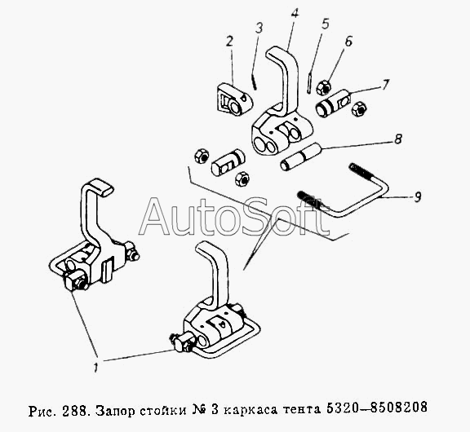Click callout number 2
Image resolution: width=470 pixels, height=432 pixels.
[229, 42]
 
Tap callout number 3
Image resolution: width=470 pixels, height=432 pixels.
[259, 28]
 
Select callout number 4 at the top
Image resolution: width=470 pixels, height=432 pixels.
[295, 14]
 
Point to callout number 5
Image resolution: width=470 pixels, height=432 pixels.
[326, 24]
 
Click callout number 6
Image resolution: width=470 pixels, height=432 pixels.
[348, 42]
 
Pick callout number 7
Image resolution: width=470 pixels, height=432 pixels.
[386, 85]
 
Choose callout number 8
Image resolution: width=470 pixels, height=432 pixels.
[398, 139]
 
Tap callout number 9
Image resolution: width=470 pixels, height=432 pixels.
[418, 196]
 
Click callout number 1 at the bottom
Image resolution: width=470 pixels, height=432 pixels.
[96, 367]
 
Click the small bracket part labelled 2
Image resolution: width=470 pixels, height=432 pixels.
[235, 99]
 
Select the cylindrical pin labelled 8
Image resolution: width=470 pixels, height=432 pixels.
[301, 156]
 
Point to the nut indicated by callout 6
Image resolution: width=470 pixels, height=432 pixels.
[324, 87]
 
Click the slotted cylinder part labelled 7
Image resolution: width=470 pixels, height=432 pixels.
[333, 103]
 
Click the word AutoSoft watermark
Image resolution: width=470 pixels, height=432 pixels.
[234, 217]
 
